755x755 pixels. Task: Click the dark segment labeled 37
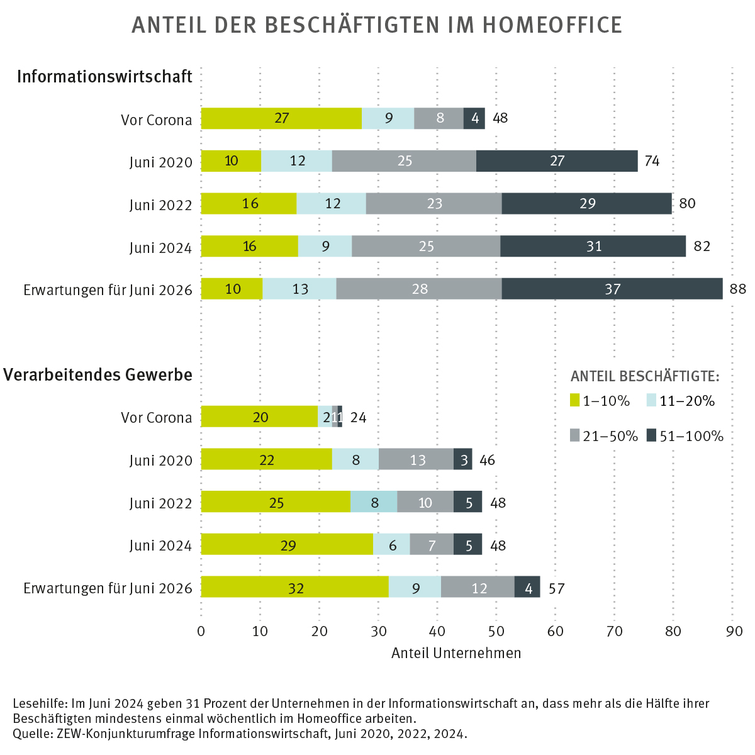612,289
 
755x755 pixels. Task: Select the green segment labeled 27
281,118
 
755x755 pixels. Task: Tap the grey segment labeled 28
419,289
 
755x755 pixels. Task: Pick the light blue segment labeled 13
299,289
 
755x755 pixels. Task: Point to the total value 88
738,289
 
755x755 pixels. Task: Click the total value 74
652,161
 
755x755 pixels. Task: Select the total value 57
556,589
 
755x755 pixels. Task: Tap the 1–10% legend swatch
574,400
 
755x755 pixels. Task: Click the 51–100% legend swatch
651,435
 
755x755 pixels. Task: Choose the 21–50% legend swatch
574,435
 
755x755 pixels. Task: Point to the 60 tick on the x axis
555,631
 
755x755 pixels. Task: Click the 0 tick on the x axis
201,631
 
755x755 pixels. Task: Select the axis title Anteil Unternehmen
456,653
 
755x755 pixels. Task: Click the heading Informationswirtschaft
104,77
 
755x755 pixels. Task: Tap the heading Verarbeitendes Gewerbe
98,375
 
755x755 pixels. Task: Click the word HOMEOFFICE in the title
552,25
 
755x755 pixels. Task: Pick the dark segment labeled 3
463,459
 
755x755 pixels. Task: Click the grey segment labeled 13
417,459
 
